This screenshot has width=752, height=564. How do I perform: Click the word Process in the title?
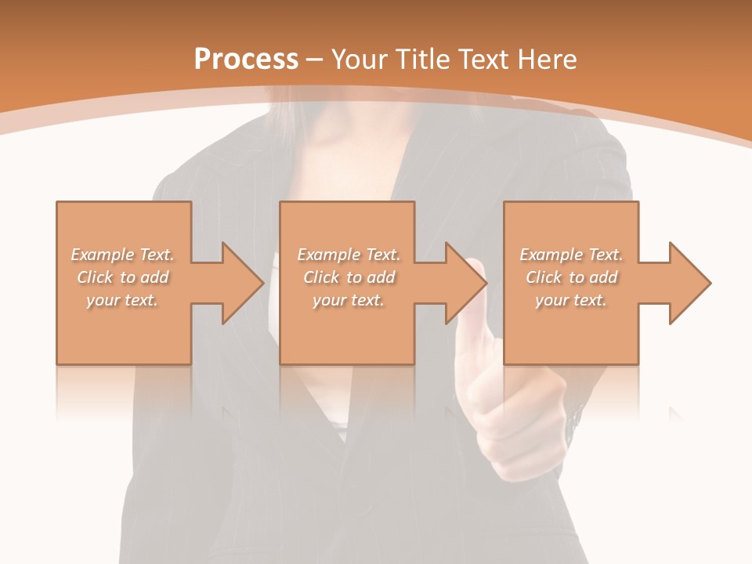coord(246,60)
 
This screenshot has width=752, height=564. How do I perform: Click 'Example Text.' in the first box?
coord(122,255)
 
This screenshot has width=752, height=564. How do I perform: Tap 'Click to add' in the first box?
coord(122,277)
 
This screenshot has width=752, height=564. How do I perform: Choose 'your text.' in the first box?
coord(122,300)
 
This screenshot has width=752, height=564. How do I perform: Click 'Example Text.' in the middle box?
coord(349,255)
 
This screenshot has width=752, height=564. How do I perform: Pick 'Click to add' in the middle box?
coord(349,277)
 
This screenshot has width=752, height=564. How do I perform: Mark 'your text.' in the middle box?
coord(349,300)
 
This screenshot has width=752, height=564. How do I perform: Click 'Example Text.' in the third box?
coord(571,255)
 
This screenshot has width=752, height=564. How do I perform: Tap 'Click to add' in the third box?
coord(571,277)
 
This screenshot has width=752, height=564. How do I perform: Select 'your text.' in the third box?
coord(571,300)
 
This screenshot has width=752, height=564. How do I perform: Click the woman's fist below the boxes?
coord(501,423)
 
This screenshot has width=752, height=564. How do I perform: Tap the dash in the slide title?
coord(315,60)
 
